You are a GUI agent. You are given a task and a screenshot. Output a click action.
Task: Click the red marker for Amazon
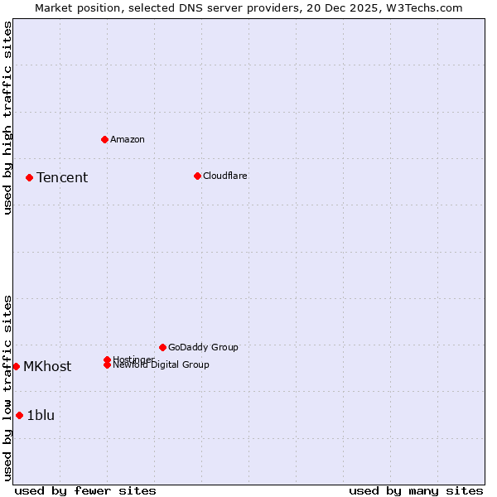pos(104,139)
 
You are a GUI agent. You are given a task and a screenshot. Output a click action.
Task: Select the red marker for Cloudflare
pos(197,176)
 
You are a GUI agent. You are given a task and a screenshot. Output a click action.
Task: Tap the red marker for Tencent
pos(29,177)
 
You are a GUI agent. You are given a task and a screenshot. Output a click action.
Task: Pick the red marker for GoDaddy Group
pos(162,347)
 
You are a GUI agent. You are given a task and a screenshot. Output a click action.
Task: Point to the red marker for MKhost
pos(16,366)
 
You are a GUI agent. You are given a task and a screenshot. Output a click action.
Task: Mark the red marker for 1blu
pos(19,415)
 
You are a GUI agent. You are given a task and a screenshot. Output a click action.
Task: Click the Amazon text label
pos(128,139)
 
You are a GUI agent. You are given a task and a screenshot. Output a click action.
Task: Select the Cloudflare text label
pos(225,176)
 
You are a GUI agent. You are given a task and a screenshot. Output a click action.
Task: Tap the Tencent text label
pos(62,177)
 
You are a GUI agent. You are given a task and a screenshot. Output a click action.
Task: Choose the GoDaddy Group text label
pos(203,347)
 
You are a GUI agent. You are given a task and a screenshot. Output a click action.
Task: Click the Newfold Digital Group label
pos(162,365)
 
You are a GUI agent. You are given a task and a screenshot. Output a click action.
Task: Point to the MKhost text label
pos(47,366)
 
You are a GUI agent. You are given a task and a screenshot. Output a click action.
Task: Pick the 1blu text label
pos(41,415)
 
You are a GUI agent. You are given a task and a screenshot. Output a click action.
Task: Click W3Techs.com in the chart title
pos(423,7)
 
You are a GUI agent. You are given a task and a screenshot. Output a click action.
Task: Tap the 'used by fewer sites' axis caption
pos(85,490)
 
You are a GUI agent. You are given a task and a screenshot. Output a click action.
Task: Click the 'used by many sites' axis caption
pos(416,490)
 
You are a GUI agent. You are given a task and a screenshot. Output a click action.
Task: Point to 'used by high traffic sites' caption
pos(7,118)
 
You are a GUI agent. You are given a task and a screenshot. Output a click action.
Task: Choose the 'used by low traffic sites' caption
pos(7,388)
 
